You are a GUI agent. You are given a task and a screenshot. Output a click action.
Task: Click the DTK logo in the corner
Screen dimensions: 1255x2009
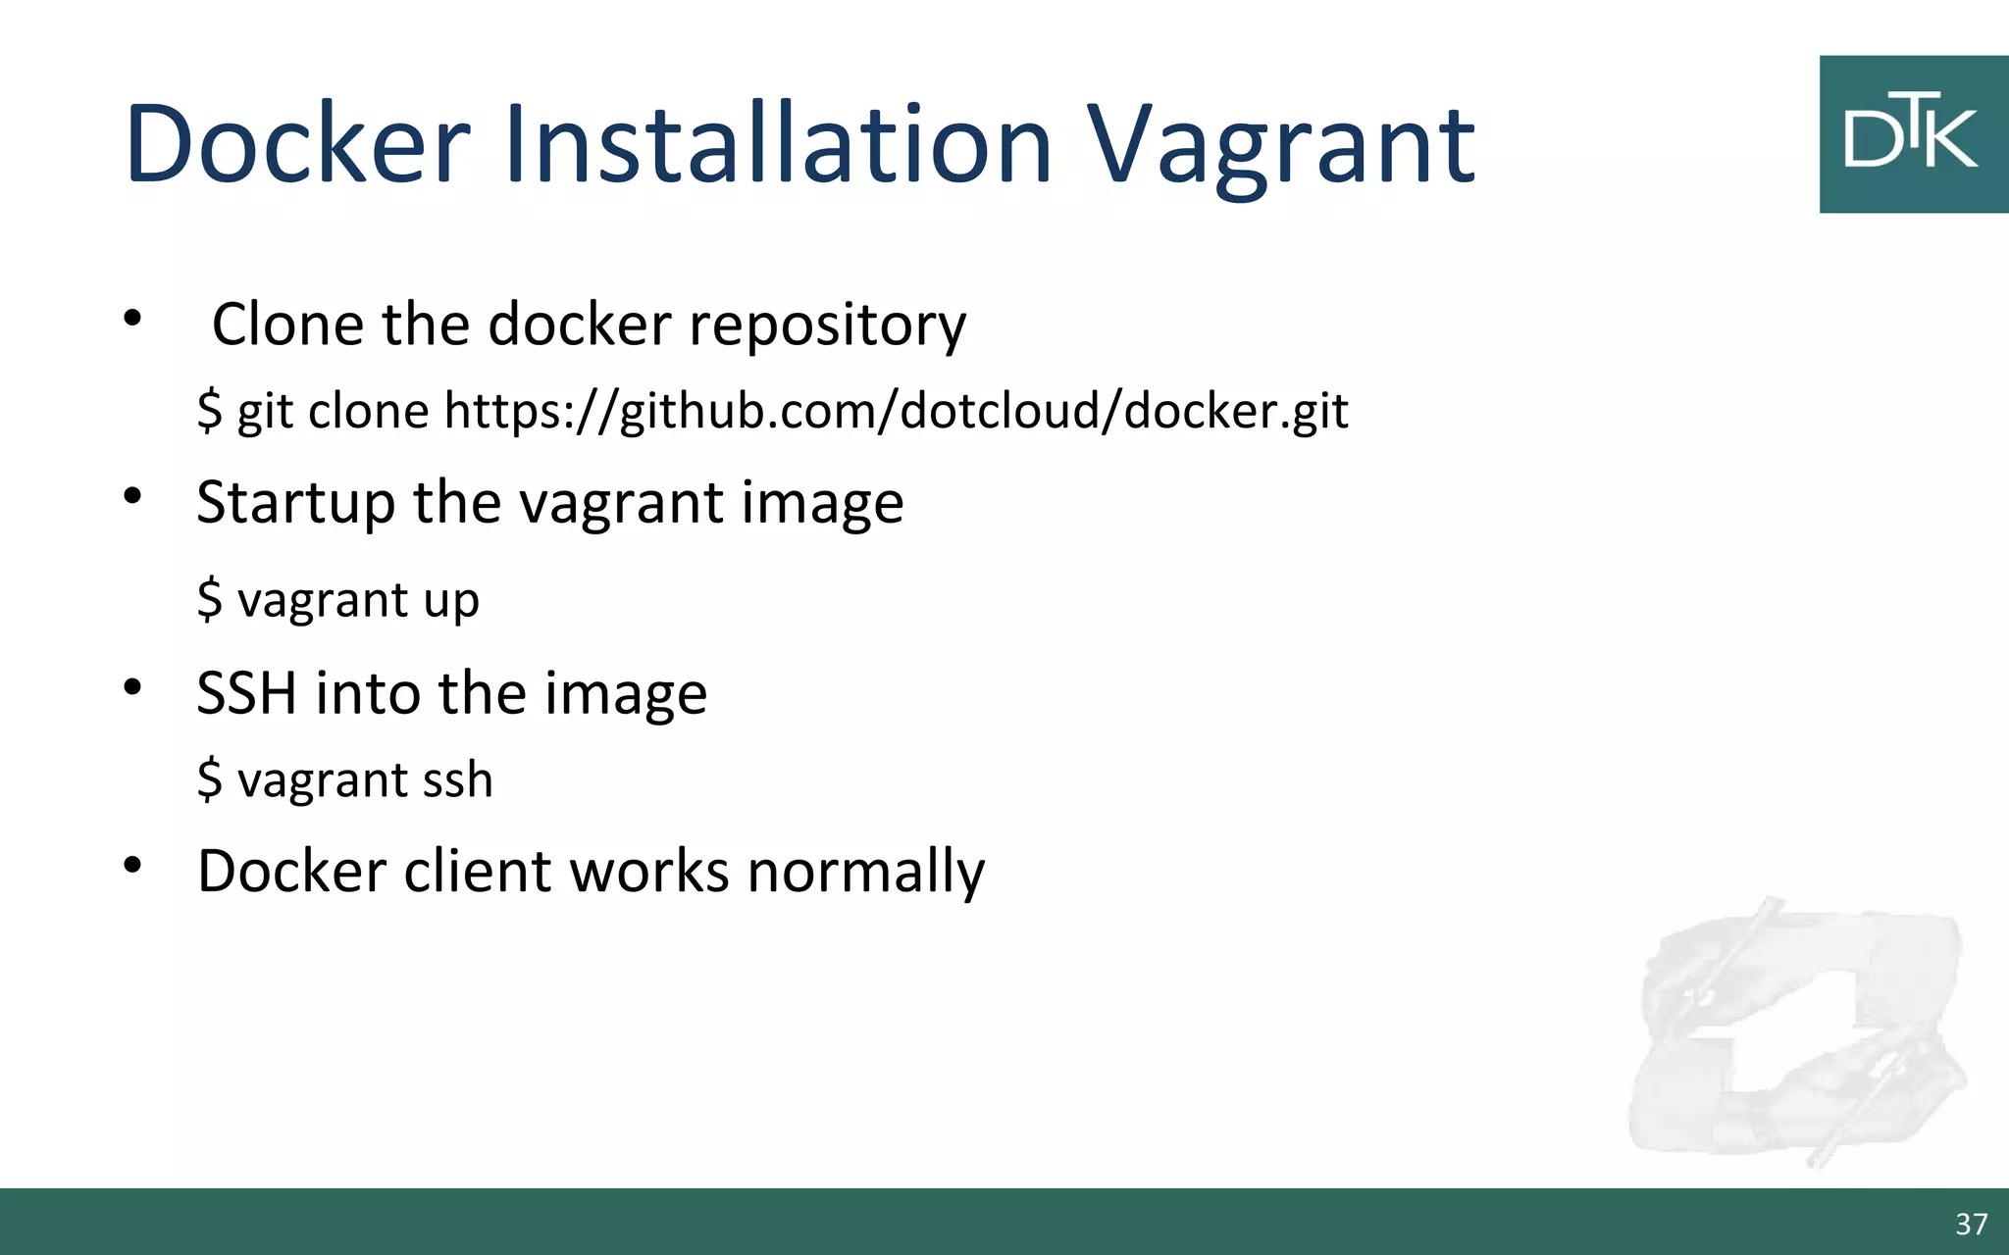[1912, 134]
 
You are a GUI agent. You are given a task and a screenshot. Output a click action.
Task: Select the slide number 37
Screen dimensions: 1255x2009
[1971, 1224]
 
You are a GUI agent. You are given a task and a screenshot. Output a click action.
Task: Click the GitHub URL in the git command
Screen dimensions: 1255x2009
[896, 410]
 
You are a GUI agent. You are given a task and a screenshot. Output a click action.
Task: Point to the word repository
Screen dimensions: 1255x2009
[827, 326]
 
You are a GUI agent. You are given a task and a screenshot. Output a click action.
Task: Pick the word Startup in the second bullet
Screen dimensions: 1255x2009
[295, 504]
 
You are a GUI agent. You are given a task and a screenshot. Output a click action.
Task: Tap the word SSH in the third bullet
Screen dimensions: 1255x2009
[246, 693]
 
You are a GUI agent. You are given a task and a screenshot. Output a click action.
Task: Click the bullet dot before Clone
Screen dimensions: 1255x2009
[132, 318]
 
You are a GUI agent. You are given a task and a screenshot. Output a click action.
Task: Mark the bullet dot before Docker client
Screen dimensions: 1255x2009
[132, 865]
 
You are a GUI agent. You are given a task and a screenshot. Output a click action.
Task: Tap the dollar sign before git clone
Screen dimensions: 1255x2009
[209, 410]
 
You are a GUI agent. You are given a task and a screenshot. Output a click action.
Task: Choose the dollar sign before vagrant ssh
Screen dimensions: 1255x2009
[209, 780]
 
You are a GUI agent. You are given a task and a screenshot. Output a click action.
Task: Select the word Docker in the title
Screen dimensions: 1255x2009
[298, 145]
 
